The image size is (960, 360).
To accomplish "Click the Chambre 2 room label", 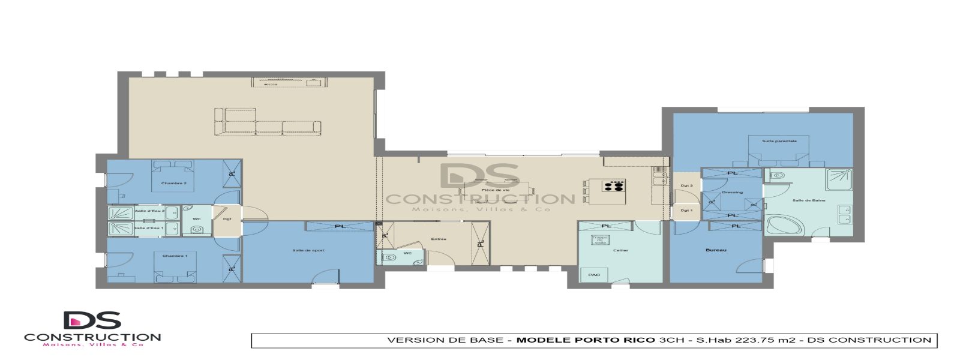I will click(173, 184).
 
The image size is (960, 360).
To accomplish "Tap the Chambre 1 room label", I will click(175, 256).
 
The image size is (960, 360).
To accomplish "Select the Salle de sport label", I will click(308, 250).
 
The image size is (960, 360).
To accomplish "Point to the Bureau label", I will click(716, 250).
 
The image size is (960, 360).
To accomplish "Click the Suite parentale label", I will click(779, 142).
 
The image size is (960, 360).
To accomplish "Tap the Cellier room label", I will click(621, 250).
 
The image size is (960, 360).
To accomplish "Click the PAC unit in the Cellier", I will click(594, 275).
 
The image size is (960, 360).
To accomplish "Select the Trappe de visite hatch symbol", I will click(601, 240).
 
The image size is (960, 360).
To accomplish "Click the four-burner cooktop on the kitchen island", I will click(614, 185).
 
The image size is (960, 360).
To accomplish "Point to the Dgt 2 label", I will click(686, 186).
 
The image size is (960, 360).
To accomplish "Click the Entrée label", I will click(439, 239).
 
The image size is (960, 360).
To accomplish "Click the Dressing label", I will click(732, 193).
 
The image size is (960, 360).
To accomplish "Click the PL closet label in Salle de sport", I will click(340, 226).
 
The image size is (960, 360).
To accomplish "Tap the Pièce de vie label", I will click(495, 190).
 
